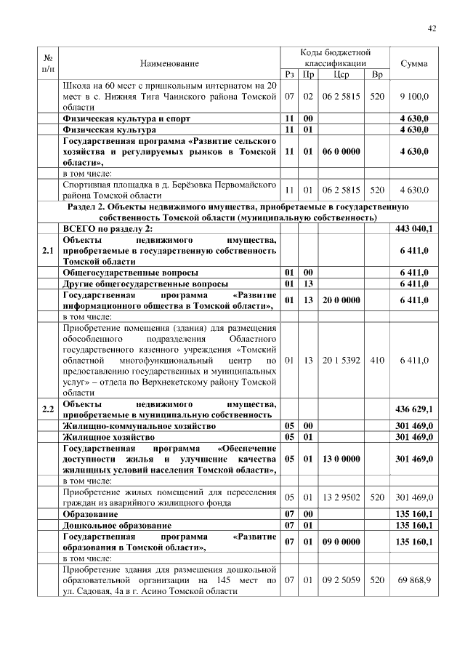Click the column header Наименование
coord(169,64)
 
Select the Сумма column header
coord(414,64)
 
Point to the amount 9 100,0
coord(414,96)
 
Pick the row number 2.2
coord(48,409)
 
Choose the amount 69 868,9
coord(414,581)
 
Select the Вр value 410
coord(376,359)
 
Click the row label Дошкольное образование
coord(117,524)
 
